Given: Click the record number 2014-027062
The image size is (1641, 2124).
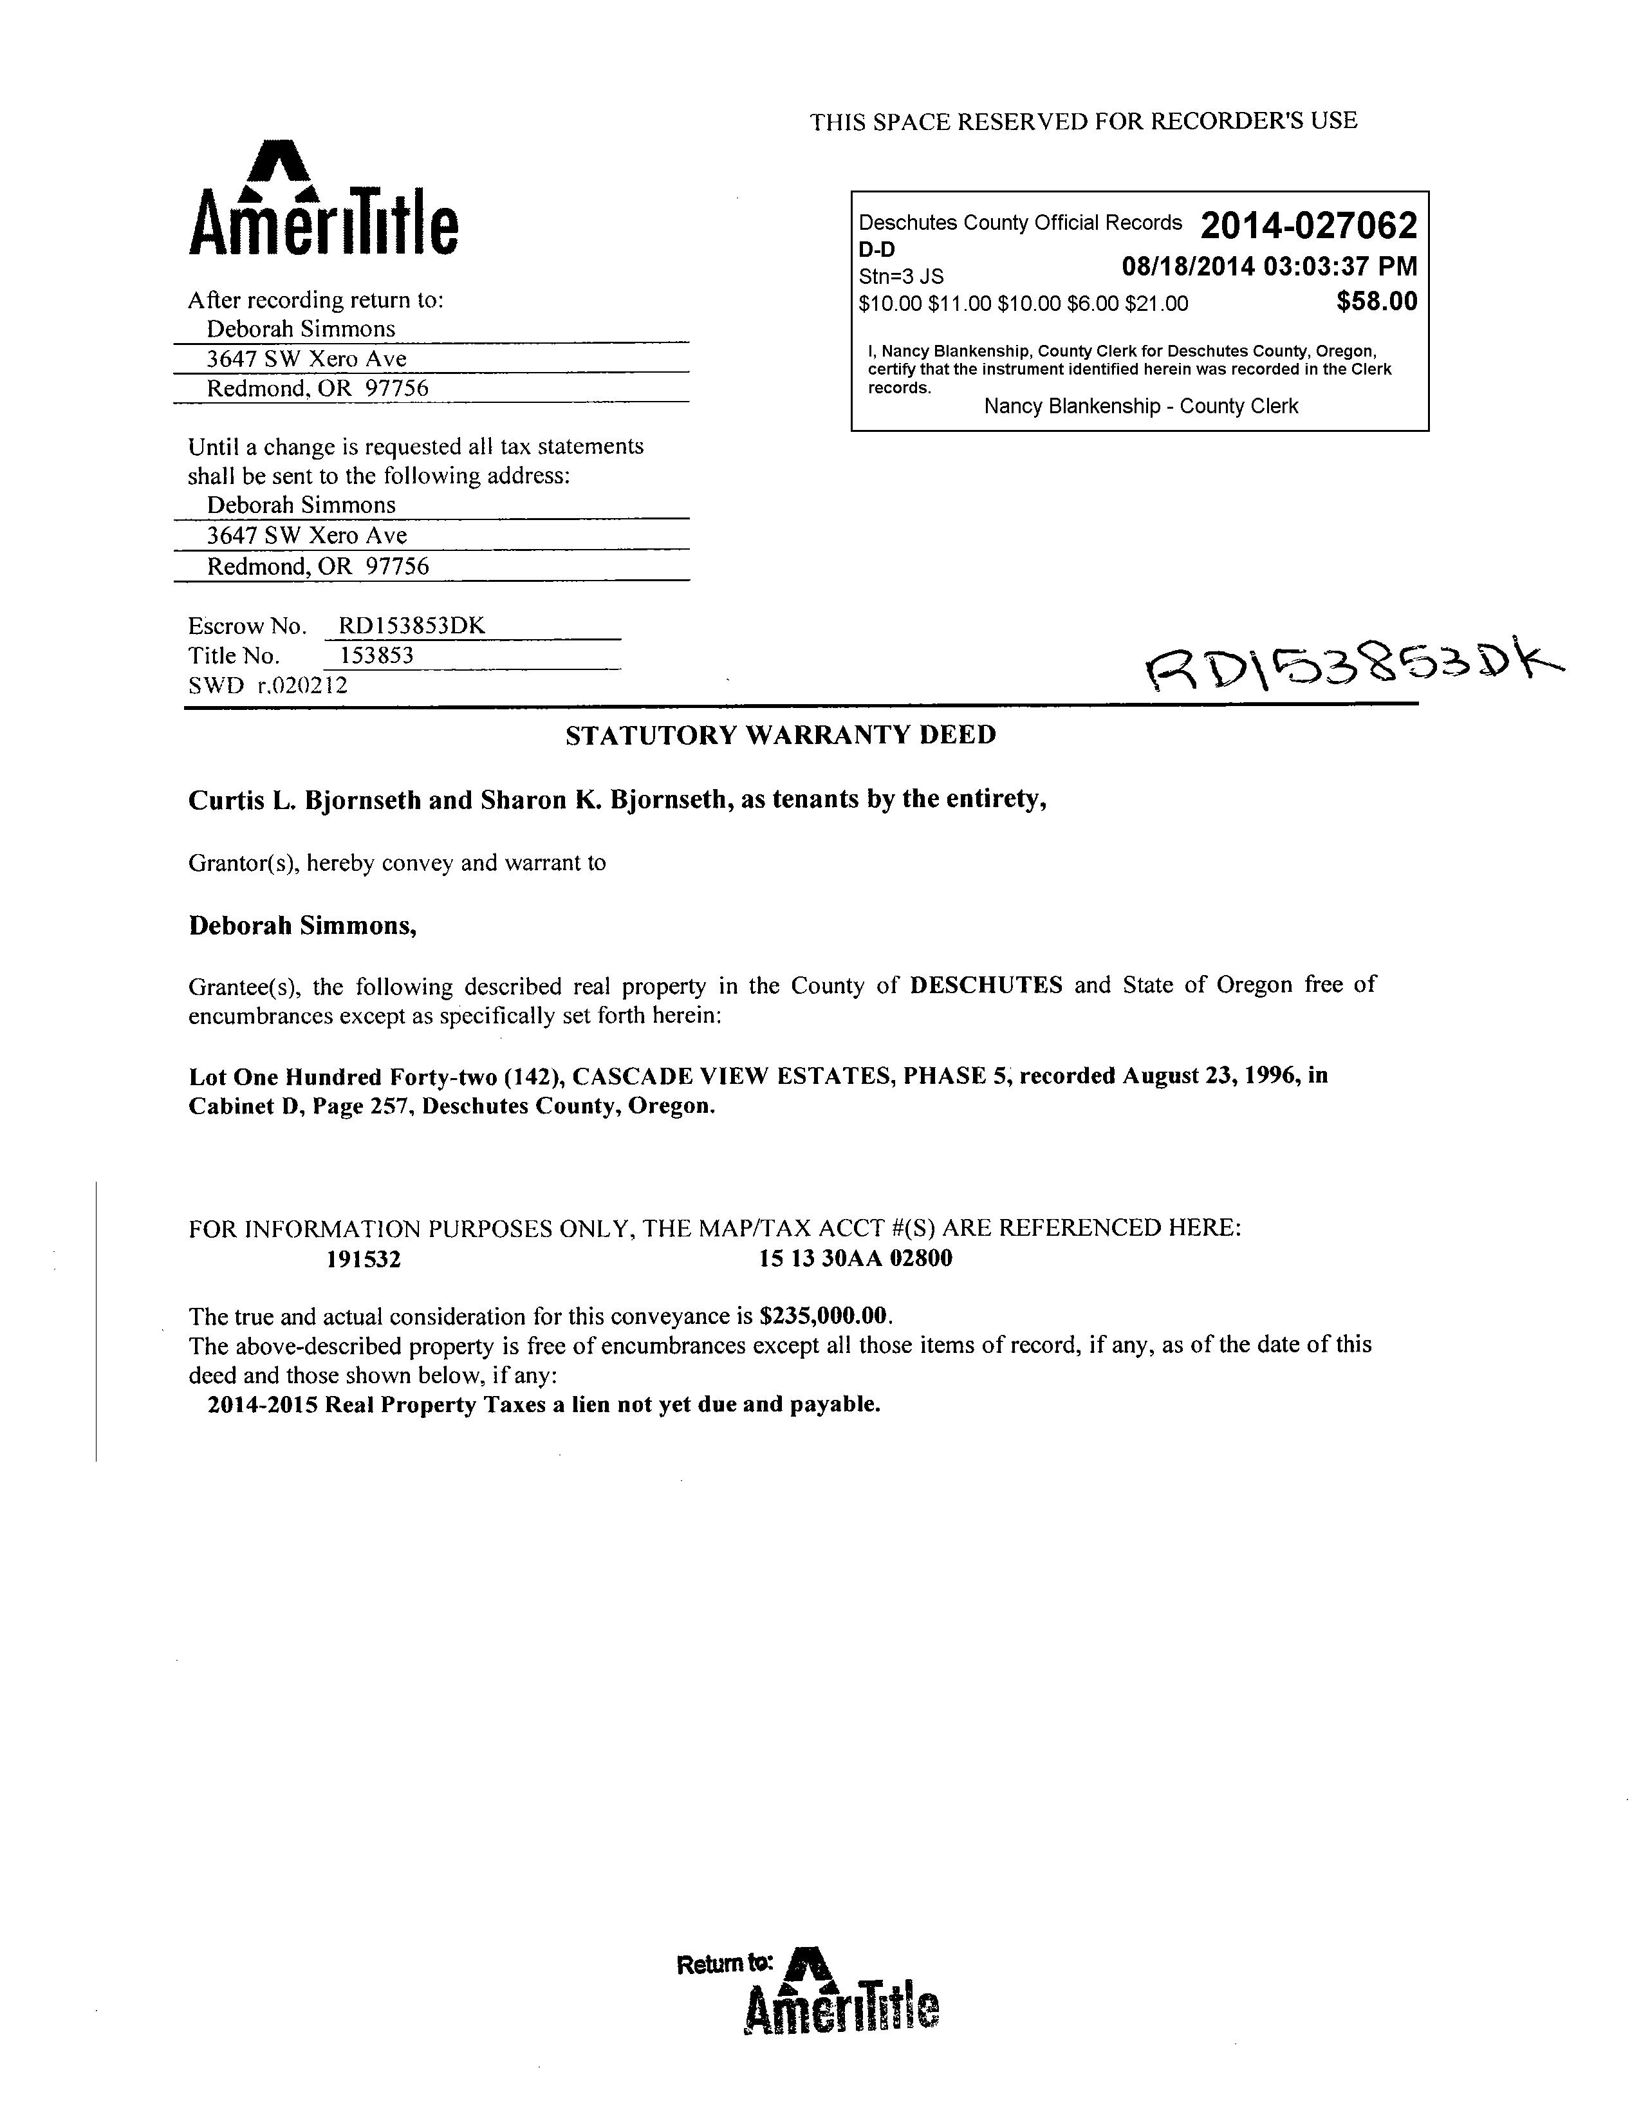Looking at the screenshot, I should click(x=1308, y=227).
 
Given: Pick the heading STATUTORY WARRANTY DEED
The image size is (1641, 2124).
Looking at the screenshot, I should click(x=781, y=735).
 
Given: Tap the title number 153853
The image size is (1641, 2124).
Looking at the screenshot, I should click(x=376, y=655).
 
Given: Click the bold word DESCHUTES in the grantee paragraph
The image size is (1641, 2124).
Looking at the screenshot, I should click(x=986, y=985).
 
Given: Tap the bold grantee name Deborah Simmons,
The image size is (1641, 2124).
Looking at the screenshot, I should click(x=302, y=926).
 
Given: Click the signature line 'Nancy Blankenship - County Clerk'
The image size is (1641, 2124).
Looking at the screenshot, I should click(x=1140, y=407).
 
